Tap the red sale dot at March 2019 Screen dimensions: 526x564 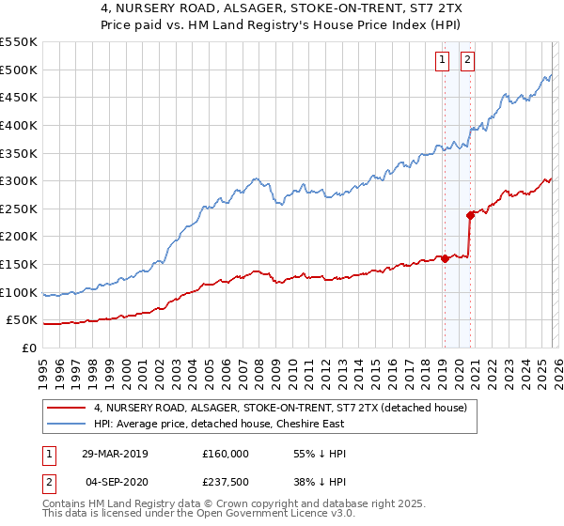click(445, 259)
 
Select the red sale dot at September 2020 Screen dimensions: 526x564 click(469, 216)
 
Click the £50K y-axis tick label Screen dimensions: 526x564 click(23, 320)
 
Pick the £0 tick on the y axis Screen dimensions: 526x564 click(30, 348)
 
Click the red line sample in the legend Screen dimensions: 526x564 click(67, 408)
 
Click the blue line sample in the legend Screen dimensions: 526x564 click(67, 424)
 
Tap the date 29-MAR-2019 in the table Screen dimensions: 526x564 click(115, 453)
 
